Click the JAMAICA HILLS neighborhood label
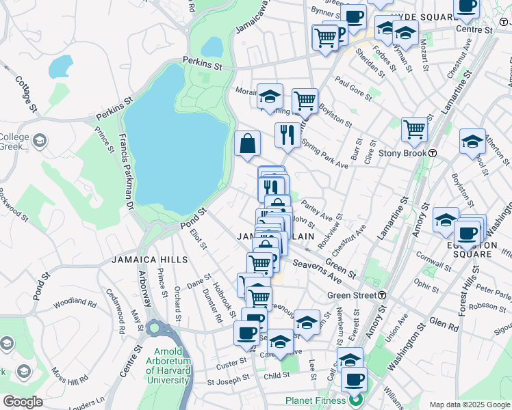pos(147,260)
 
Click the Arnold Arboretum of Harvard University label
pos(168,368)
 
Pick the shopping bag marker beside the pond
pos(247,143)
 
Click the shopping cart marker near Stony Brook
pos(414,129)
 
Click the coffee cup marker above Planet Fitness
pos(354,379)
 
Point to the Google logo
pos(23,401)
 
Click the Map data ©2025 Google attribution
pos(470,405)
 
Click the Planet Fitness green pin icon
pos(355,400)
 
